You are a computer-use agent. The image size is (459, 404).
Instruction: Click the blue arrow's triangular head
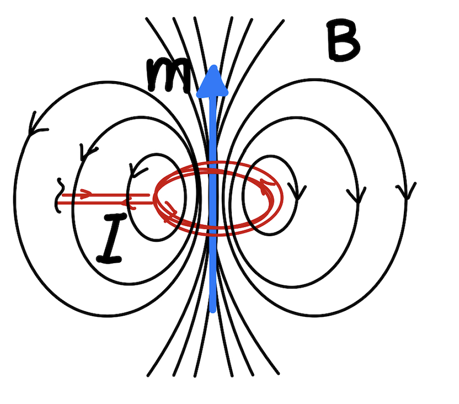[x=212, y=82]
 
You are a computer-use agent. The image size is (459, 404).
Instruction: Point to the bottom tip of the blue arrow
[x=212, y=311]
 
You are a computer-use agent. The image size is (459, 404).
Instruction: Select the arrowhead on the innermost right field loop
[x=297, y=193]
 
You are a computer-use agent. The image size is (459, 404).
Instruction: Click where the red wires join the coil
[x=155, y=198]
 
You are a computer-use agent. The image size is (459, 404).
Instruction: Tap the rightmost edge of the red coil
[x=281, y=198]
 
